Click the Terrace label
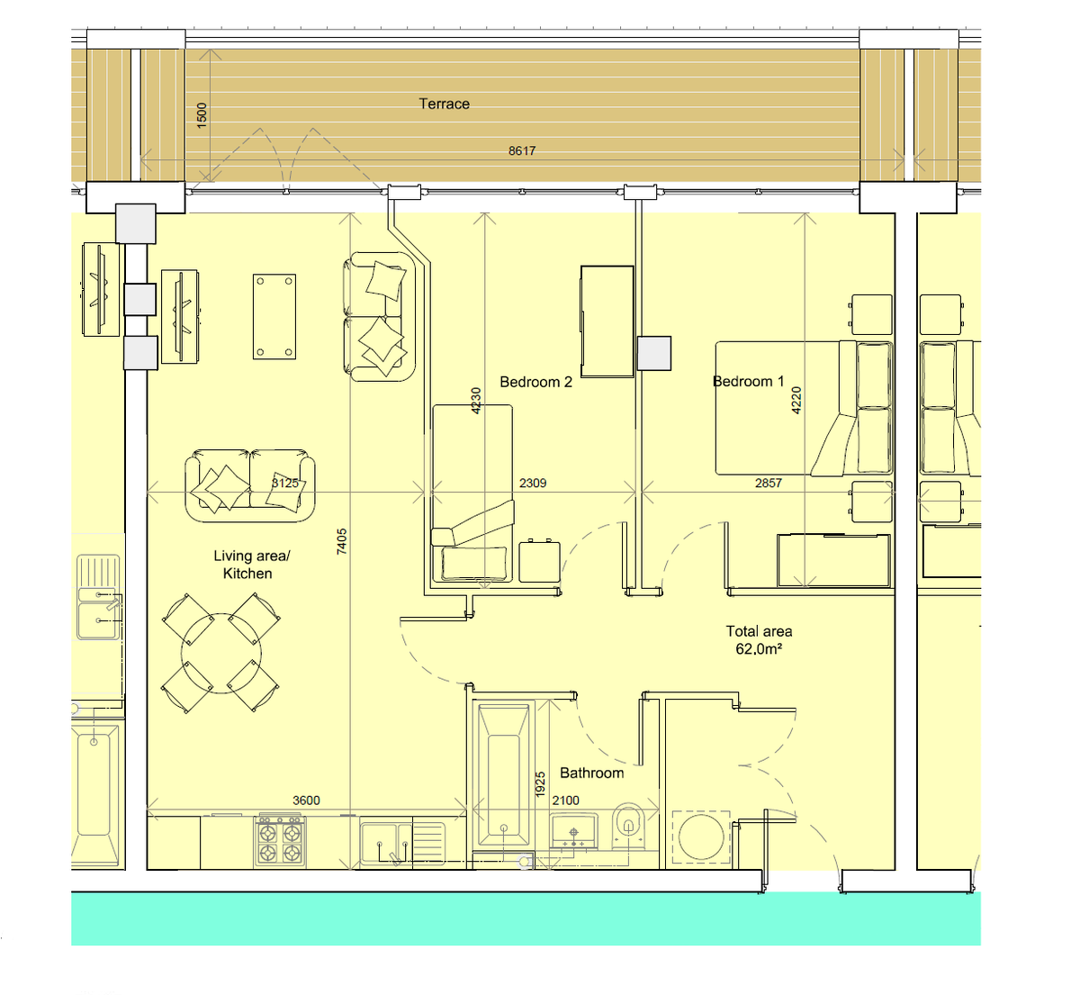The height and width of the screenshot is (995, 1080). [444, 104]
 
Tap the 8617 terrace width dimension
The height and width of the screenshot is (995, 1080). [521, 150]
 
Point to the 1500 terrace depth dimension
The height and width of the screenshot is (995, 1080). [202, 114]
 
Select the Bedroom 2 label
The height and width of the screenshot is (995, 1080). [535, 382]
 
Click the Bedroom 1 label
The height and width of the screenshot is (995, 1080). [748, 381]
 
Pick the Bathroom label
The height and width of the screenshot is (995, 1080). [591, 773]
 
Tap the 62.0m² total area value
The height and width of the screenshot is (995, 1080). [758, 648]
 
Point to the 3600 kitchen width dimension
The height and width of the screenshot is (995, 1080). [306, 800]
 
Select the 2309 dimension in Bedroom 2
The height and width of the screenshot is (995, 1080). [533, 483]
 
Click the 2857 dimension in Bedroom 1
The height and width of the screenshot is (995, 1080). [768, 483]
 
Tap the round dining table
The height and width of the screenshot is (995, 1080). [220, 652]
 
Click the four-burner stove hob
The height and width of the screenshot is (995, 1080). [280, 841]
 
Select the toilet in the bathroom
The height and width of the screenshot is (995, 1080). [627, 827]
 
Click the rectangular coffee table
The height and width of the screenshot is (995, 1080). [274, 316]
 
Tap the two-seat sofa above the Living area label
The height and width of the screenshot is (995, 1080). [250, 484]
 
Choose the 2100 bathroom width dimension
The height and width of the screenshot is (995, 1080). [565, 800]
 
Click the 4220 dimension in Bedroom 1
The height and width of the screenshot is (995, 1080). [796, 400]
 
